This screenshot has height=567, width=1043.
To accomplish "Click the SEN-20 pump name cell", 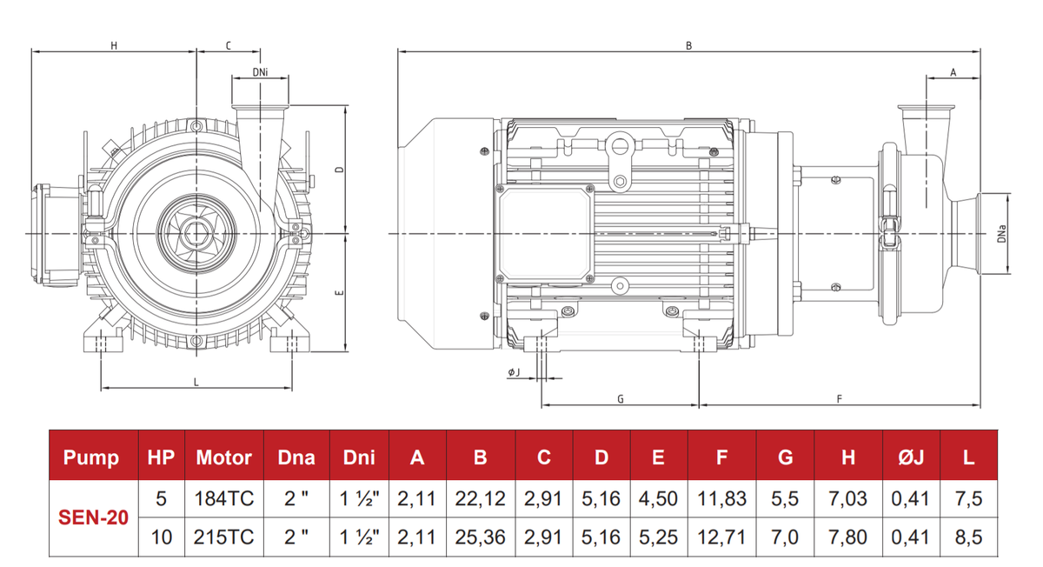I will pos(93,517).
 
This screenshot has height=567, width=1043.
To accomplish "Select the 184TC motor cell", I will pos(223,498).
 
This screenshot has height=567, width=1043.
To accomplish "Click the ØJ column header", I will pos(910,457).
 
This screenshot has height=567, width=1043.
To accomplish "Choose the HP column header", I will pos(161,457).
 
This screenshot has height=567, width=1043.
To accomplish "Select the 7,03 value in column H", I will pos(847,498).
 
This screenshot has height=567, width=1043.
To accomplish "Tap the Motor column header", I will pos(223,457).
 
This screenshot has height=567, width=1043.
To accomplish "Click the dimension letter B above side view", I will pos(688,45).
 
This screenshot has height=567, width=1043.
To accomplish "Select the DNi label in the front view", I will pos(260,72).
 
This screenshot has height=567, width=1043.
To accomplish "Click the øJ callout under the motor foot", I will pos(514,372).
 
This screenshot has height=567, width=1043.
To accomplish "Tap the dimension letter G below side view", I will pos(620,399).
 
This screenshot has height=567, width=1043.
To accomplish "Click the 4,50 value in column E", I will pos(658,498).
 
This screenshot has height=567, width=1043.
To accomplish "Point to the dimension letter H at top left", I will pos(114,45).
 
